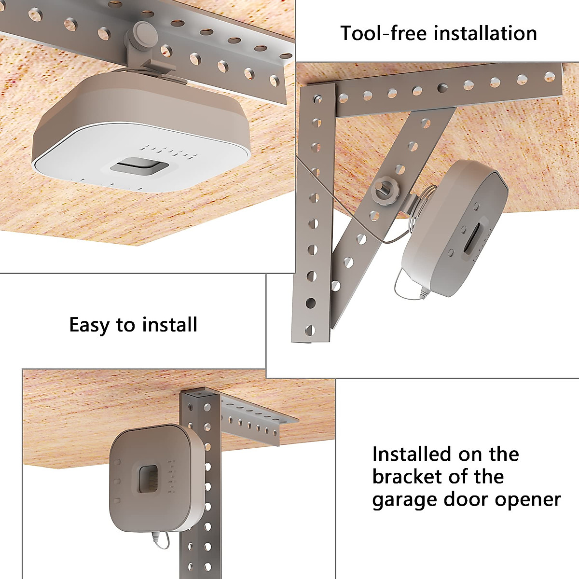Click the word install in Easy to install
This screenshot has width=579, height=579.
(170, 324)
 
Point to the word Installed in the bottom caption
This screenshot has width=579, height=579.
(412, 454)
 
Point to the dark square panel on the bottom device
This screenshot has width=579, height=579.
(149, 479)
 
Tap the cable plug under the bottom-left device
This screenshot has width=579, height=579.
(156, 536)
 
